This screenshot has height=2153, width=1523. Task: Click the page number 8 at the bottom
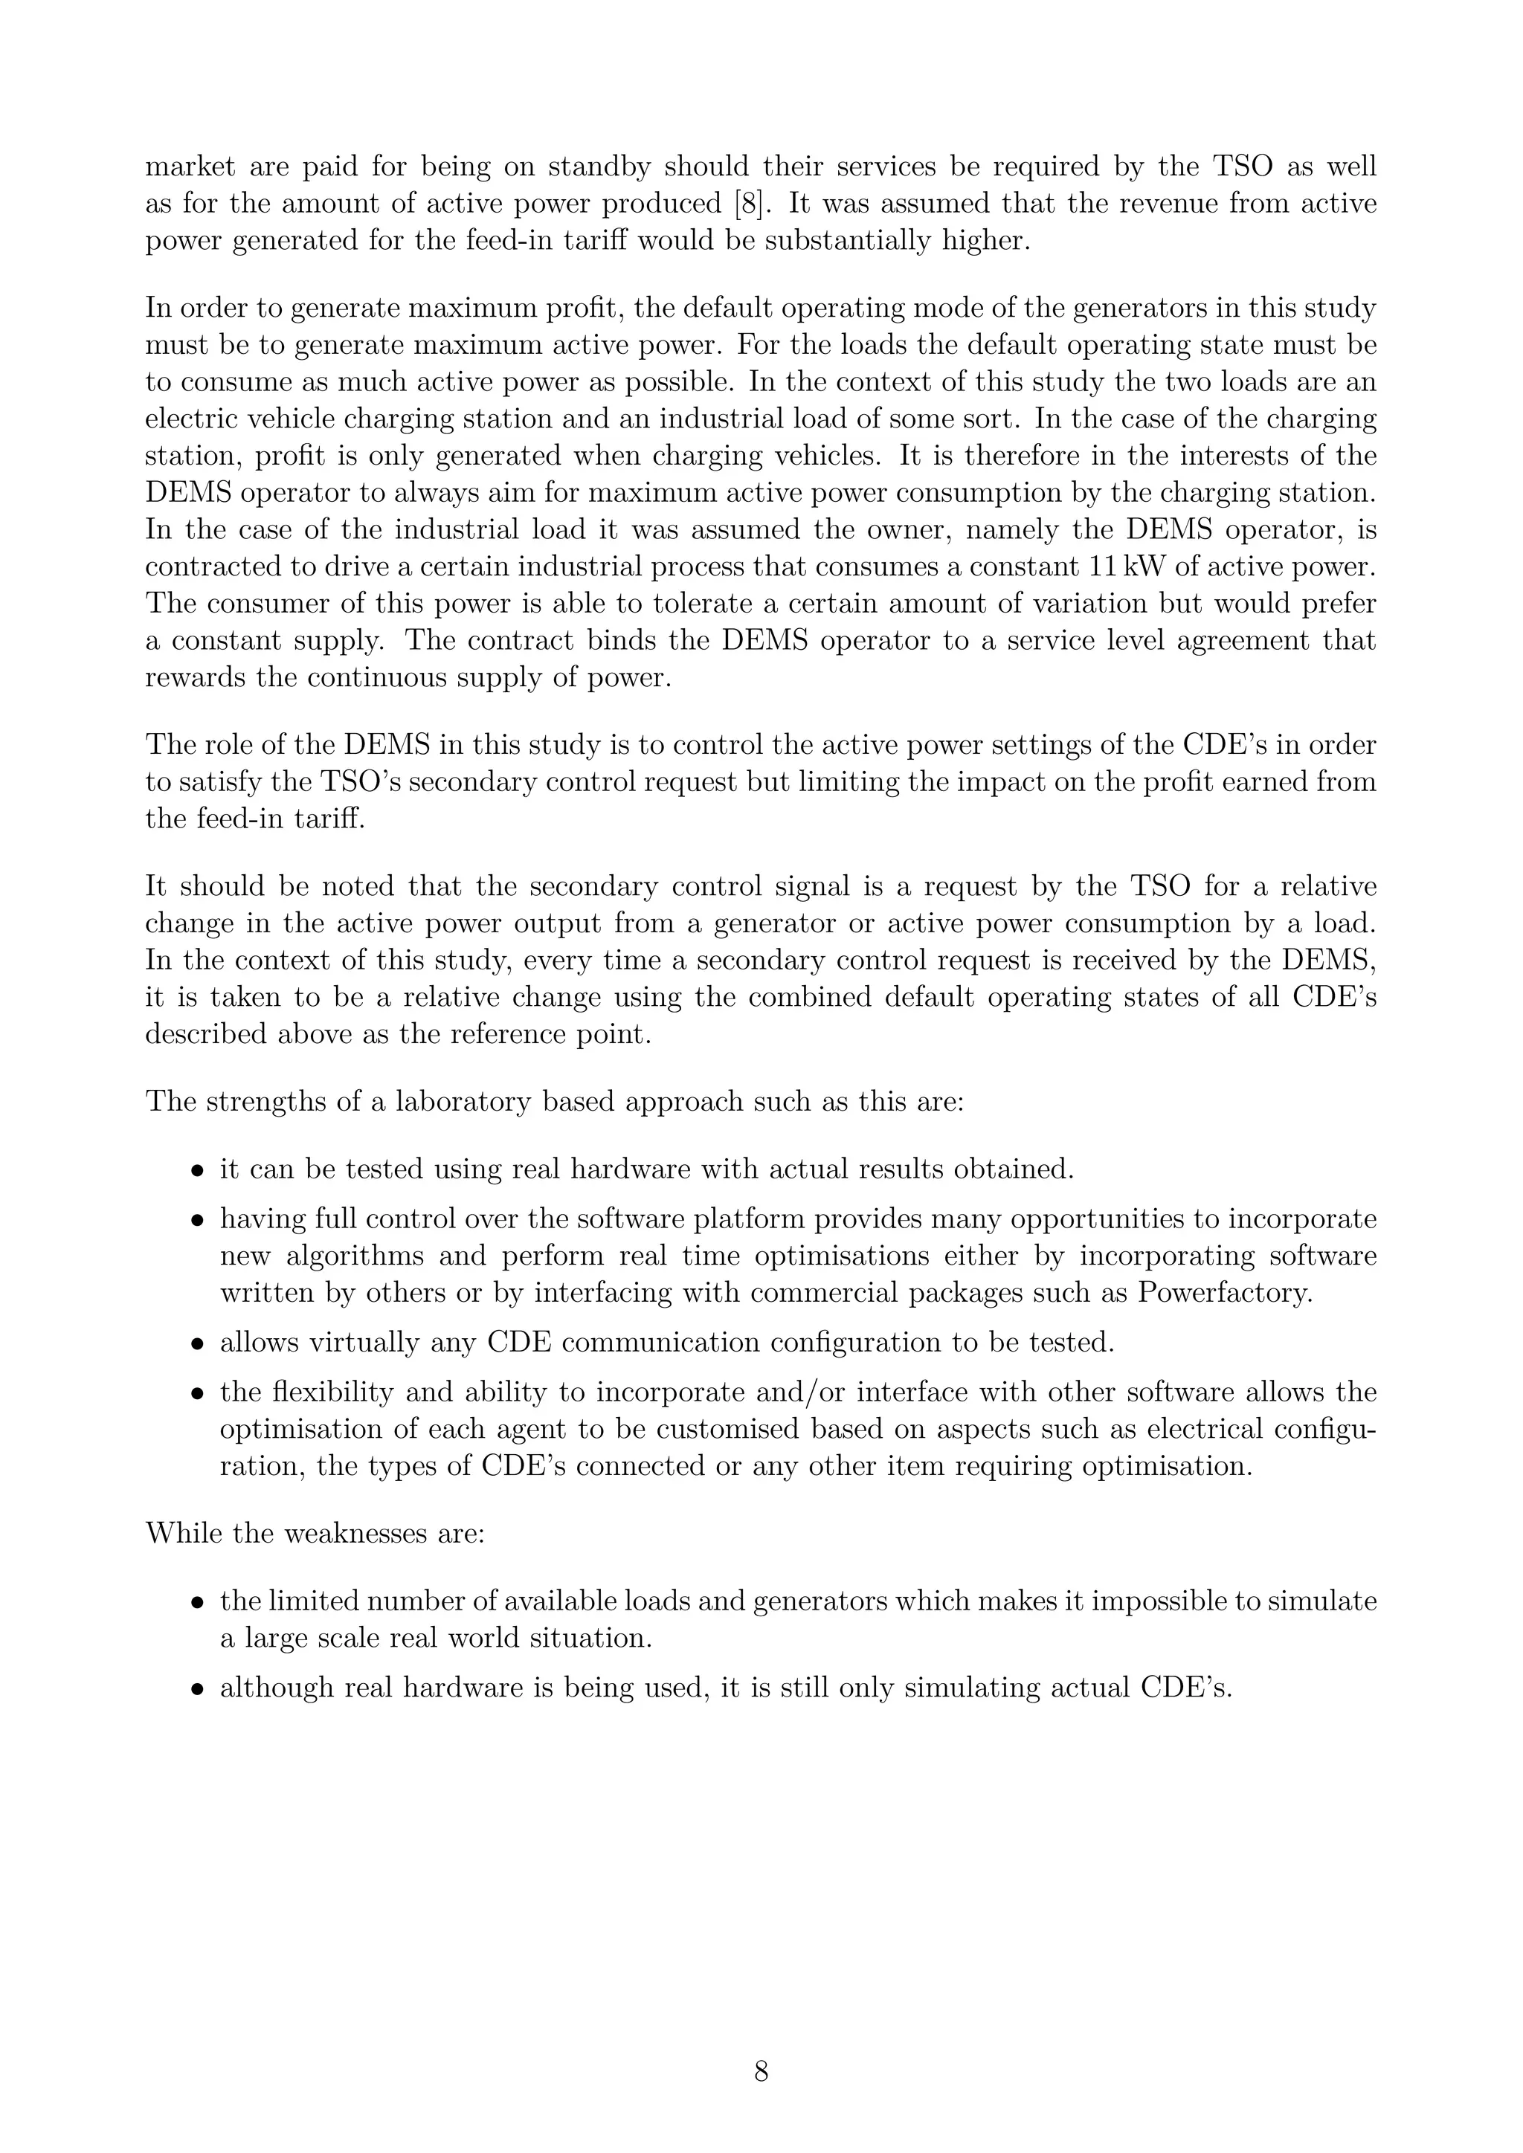tap(761, 2071)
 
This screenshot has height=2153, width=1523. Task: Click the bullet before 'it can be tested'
tap(198, 1171)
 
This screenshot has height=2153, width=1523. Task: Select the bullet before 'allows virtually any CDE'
tap(198, 1343)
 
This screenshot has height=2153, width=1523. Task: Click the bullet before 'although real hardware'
tap(198, 1690)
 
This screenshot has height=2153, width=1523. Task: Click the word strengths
tap(263, 1101)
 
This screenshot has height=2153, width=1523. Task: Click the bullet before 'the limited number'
tap(198, 1604)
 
